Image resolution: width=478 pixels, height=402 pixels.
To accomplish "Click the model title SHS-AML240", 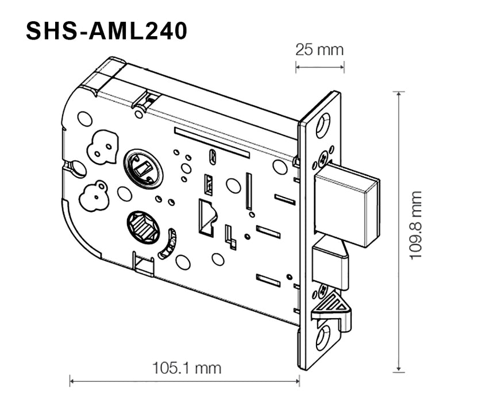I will (107, 31).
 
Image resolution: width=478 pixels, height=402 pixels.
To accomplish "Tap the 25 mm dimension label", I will (319, 49).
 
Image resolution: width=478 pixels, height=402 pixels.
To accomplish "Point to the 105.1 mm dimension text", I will (186, 367).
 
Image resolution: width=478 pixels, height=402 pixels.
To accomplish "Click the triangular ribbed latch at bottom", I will (333, 305).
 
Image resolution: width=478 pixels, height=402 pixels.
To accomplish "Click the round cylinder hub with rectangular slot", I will (143, 168).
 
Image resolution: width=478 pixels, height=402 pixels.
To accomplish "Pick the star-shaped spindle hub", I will (144, 226).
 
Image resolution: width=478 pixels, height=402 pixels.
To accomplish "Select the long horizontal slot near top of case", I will (211, 142).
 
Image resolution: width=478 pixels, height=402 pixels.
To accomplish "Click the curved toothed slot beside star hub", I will (168, 244).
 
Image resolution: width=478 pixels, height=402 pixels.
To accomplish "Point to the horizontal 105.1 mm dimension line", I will (184, 379).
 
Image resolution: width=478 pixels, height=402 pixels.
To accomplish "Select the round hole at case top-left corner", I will (85, 119).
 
